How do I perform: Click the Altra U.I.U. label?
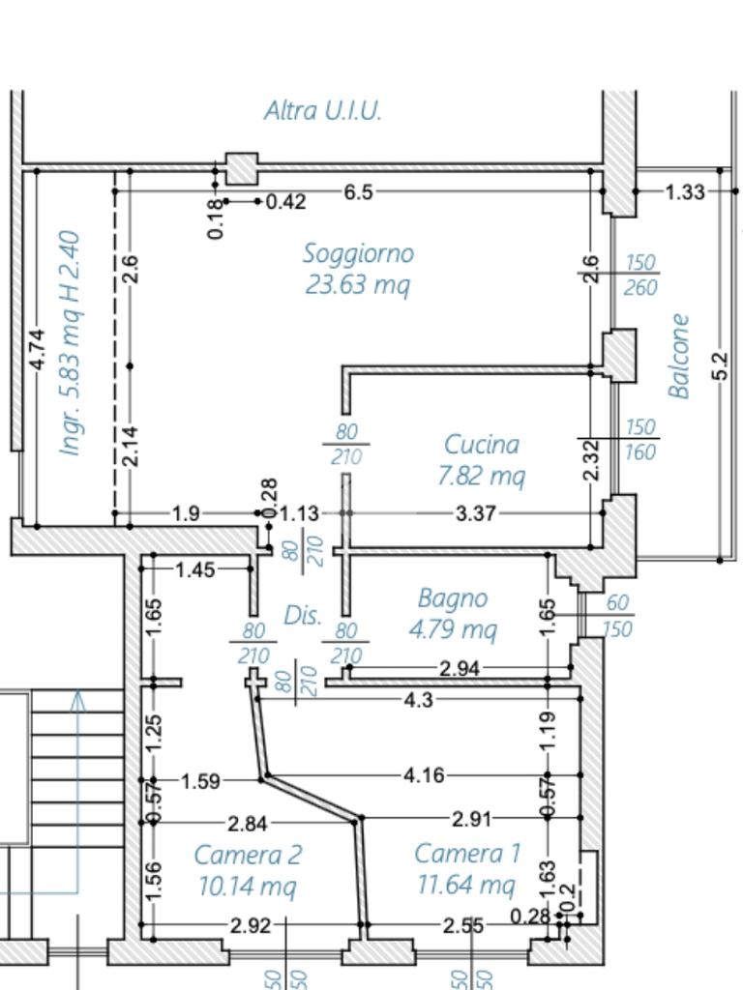323,110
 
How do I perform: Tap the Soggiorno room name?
358,253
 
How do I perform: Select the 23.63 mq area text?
358,285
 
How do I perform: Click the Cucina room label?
482,445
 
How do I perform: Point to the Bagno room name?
452,598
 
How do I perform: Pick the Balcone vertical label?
680,356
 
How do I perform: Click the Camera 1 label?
467,854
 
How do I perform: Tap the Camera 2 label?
248,855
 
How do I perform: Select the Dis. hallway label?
303,615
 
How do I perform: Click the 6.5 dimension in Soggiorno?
358,192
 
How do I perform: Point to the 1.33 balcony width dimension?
685,192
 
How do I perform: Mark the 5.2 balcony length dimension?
720,365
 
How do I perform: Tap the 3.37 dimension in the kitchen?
475,513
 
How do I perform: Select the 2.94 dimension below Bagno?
459,669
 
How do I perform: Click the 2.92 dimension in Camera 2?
251,925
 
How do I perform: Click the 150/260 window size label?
640,275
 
